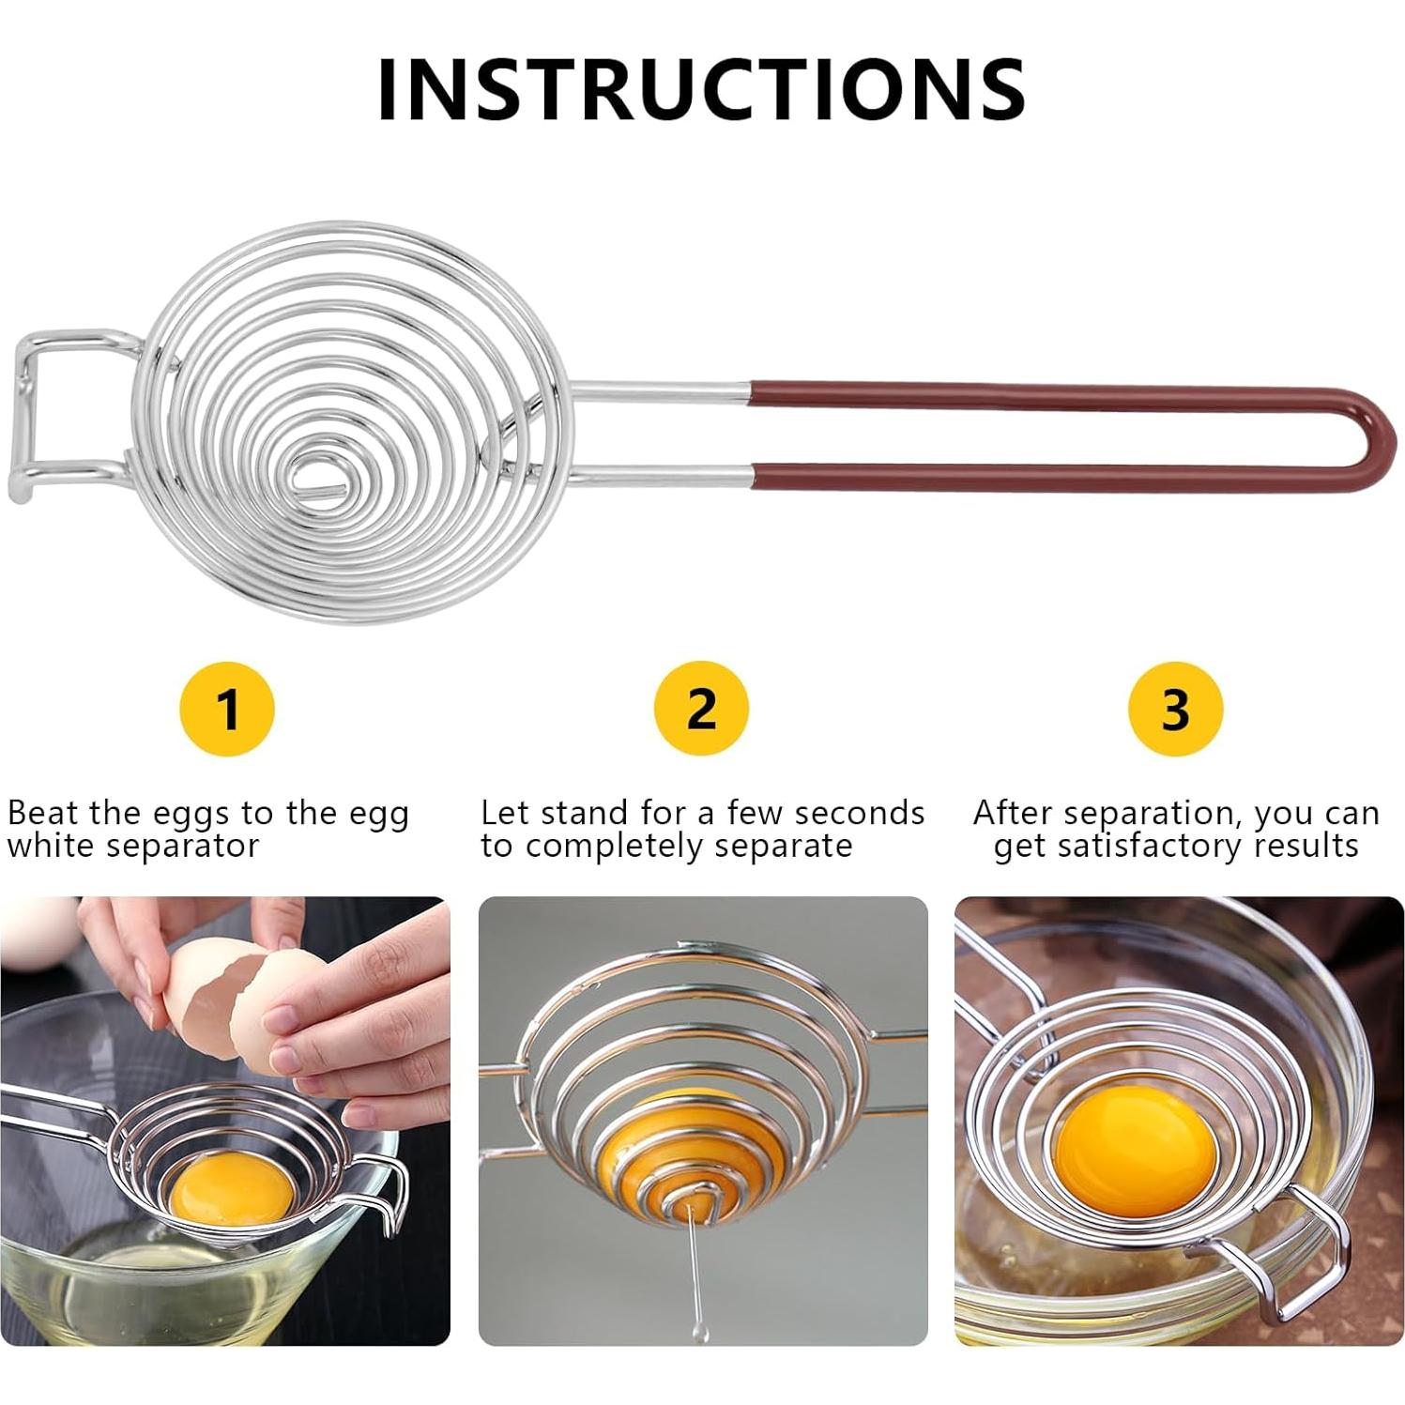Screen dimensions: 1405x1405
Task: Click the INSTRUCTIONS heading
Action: coord(701,88)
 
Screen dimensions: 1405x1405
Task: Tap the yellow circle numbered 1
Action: coord(226,709)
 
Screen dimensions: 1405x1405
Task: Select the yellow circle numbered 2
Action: coord(701,709)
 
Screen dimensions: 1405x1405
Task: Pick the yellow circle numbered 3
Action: coord(1175,709)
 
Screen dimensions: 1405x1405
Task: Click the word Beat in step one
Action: coord(44,812)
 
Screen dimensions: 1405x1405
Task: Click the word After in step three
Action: coord(1008,812)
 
